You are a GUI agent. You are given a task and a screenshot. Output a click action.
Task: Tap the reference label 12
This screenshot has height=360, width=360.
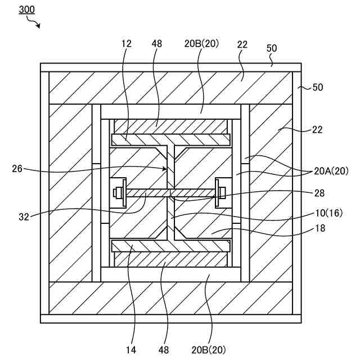pyautogui.click(x=125, y=43)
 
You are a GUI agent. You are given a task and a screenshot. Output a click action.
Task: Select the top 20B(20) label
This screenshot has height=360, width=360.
pyautogui.click(x=201, y=43)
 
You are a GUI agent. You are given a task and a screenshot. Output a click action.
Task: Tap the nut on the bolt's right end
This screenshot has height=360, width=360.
pyautogui.click(x=221, y=193)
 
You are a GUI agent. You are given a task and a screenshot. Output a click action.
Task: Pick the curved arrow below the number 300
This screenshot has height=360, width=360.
pyautogui.click(x=34, y=24)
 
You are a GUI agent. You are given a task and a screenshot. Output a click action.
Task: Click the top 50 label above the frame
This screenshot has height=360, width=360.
pyautogui.click(x=272, y=49)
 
